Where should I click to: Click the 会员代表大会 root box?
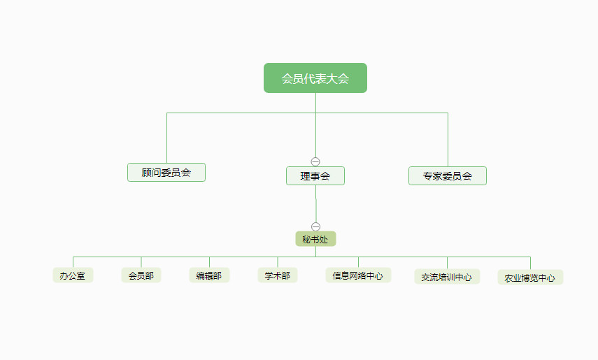(315, 78)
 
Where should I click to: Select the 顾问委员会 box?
(166, 173)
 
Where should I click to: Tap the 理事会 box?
(315, 175)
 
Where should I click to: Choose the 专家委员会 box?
(448, 175)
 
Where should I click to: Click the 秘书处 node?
(315, 239)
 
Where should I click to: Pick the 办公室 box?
(73, 275)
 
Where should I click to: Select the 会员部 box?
(141, 275)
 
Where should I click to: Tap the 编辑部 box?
(209, 275)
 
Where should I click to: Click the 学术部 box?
(278, 275)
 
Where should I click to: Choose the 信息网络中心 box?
(358, 275)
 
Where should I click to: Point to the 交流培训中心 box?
(447, 277)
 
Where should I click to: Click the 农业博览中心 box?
(530, 278)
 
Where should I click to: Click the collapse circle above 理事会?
(315, 161)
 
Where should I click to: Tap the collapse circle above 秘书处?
(315, 226)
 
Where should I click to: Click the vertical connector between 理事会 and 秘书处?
(315, 203)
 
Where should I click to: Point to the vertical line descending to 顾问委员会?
(166, 138)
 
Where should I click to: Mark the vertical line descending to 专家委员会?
(448, 140)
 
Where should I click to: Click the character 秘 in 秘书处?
(306, 239)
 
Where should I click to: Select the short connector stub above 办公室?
(73, 262)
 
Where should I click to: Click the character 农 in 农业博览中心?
(508, 278)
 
